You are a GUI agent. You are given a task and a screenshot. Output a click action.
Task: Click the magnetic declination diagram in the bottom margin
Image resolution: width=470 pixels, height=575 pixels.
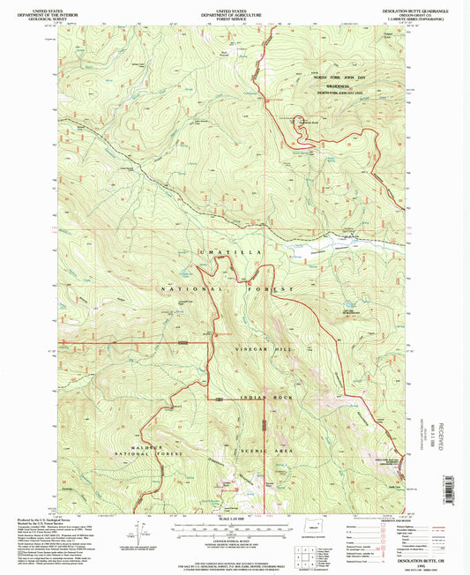coord(138,533)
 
